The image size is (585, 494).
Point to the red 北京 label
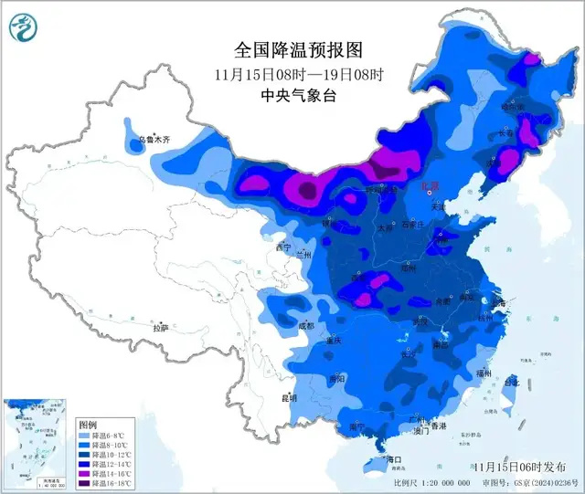[428, 185]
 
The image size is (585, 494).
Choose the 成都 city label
[304, 325]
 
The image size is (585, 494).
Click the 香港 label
[440, 426]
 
